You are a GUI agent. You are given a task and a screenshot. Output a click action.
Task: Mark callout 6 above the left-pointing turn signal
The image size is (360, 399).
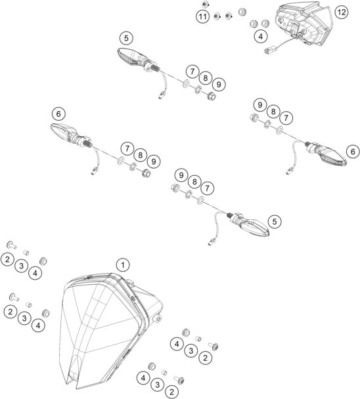[59, 114]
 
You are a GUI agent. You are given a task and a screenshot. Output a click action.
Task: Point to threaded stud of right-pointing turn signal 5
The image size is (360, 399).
[231, 216]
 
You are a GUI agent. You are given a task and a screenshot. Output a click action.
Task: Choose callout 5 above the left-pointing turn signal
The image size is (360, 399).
[126, 37]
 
